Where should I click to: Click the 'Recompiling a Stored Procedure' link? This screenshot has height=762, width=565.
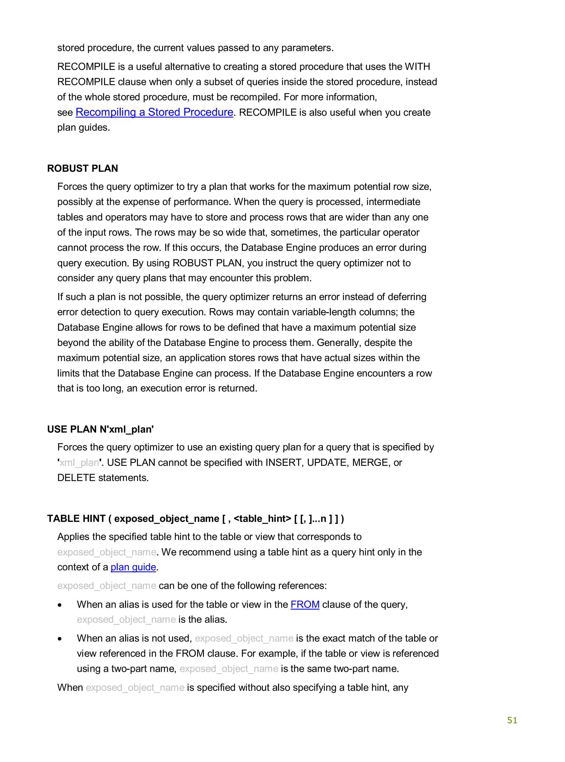tap(154, 112)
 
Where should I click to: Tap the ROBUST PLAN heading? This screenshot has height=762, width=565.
tap(82, 168)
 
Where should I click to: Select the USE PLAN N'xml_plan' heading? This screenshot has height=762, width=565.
tap(100, 429)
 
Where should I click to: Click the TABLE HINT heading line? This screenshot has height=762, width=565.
tap(195, 519)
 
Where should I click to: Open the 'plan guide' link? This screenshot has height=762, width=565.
tap(133, 567)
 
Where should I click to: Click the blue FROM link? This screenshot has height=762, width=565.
tap(305, 605)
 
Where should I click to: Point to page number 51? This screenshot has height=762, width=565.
tap(512, 720)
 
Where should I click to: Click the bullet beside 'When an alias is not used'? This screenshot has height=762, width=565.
tap(60, 639)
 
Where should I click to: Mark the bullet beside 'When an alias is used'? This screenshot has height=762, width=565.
tap(60, 605)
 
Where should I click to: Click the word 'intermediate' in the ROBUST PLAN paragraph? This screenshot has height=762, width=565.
tap(393, 202)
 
